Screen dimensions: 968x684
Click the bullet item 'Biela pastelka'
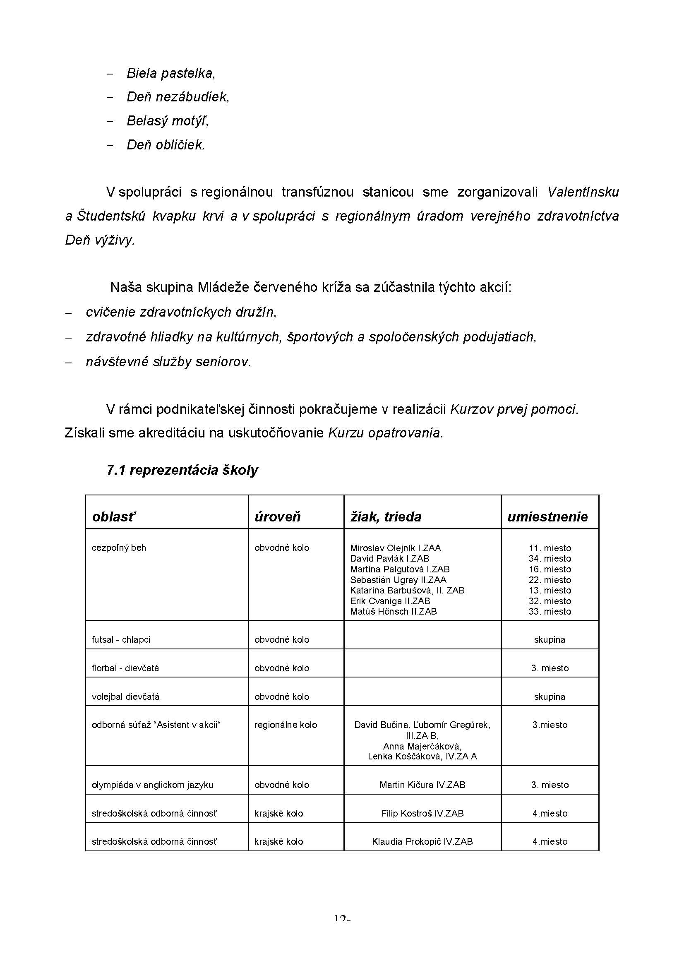point(170,73)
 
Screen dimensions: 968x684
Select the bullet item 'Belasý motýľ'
point(168,121)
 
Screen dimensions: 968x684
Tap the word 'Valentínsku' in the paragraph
point(583,192)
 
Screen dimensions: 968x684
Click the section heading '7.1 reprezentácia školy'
point(182,470)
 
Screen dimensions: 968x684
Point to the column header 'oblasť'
point(114,516)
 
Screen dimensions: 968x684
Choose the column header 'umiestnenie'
point(547,516)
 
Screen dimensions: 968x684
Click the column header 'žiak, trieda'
point(386,516)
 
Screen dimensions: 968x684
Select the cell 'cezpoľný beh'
point(119,548)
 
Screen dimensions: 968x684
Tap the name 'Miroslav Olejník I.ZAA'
point(395,548)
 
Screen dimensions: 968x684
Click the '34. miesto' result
point(550,559)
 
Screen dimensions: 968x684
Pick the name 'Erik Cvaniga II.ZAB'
point(390,601)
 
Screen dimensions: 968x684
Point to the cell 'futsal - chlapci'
point(121,639)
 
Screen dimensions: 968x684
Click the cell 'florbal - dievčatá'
point(125,668)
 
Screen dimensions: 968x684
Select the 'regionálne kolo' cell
point(286,725)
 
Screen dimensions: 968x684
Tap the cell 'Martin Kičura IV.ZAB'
point(422,785)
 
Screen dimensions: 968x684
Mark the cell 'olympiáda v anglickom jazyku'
point(152,785)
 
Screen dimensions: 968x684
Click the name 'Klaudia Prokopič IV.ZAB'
point(422,841)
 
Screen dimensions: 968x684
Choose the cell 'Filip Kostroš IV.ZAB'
point(422,813)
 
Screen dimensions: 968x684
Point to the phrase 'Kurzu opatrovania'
point(384,433)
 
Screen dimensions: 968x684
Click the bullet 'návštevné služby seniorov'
point(168,362)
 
